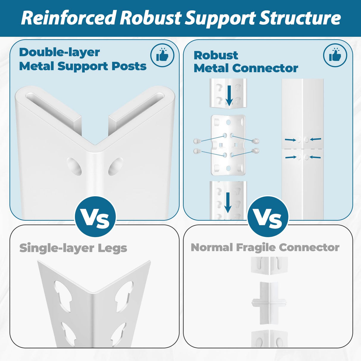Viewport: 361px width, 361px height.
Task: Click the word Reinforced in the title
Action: [x=68, y=18]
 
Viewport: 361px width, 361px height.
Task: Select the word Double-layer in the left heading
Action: [x=59, y=52]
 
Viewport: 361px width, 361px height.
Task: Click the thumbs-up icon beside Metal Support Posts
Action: [x=162, y=55]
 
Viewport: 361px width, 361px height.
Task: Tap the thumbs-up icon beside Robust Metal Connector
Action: [x=335, y=55]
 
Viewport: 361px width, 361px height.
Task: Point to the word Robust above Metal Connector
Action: [x=216, y=55]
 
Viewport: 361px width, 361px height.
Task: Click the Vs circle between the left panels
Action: [x=95, y=217]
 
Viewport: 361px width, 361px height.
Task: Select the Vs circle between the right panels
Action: [x=268, y=217]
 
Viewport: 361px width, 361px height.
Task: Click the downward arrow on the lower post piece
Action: [x=228, y=202]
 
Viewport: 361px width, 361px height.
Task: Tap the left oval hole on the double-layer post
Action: [x=74, y=166]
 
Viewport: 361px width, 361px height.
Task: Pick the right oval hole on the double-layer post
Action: [x=115, y=166]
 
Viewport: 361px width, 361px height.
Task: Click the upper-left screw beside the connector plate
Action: [x=196, y=141]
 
